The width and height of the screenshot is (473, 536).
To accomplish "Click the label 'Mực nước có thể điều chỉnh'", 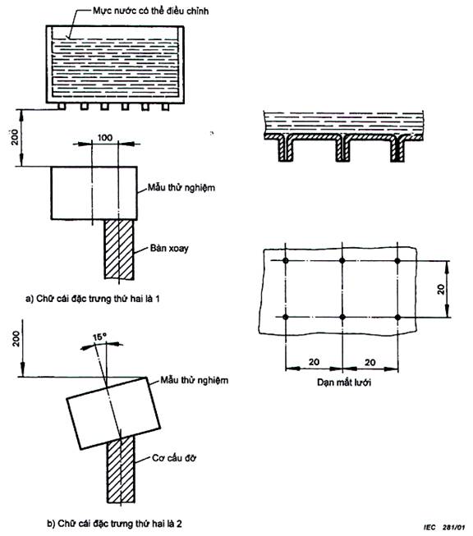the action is [x=150, y=11].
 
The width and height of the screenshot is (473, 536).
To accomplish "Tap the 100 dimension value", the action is [x=105, y=137].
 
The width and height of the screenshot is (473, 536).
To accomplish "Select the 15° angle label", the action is [x=99, y=337].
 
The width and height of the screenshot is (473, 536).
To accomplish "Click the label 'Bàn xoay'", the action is [x=169, y=248].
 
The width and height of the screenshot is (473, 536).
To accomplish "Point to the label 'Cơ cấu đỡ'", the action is [x=174, y=458].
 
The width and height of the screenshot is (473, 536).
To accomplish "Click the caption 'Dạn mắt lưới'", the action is [x=344, y=382].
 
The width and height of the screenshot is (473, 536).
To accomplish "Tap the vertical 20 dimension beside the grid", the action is [x=441, y=289].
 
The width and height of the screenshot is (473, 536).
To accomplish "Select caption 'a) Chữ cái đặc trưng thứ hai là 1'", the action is [x=93, y=299].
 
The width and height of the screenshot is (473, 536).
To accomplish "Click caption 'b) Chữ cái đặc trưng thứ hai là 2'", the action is [x=115, y=524].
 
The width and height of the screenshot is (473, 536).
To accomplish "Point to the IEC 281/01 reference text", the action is [x=444, y=527].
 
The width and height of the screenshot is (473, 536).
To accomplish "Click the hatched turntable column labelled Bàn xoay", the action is [x=119, y=250].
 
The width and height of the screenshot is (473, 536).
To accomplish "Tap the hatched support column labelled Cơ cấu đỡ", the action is [x=121, y=470].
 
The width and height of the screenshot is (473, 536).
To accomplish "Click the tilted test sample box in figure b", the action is [x=113, y=413].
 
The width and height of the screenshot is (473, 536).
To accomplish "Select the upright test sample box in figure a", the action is [x=94, y=193].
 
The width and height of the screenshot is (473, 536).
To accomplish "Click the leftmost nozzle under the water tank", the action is [x=62, y=107].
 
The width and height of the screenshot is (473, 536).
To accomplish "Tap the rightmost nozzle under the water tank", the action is [x=165, y=107].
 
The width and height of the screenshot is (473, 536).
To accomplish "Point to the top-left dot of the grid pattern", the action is [x=286, y=261].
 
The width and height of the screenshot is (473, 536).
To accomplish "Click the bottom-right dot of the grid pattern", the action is [x=397, y=317].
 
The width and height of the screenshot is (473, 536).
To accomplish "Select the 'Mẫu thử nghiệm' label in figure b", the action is [x=195, y=380].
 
